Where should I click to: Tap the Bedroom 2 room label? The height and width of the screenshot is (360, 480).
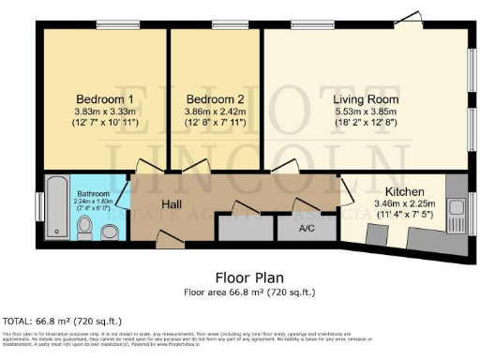coord(215,99)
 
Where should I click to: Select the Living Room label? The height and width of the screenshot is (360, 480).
coord(366,98)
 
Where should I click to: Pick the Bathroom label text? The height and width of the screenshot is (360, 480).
coord(92,194)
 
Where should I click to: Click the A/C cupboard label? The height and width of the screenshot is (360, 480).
coord(307,228)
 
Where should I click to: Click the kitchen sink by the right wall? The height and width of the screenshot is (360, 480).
coord(457,208)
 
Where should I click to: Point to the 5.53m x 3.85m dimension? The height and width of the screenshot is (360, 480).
coord(366,112)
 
